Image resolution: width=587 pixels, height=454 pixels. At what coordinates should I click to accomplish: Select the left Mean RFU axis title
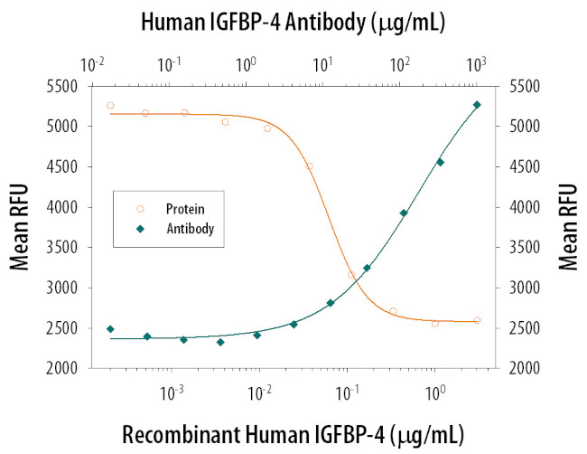19,227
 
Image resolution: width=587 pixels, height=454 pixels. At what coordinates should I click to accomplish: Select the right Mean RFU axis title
568,227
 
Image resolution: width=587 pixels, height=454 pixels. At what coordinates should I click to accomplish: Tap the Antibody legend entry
189,229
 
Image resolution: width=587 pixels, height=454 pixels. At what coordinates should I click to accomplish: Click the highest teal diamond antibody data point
477,105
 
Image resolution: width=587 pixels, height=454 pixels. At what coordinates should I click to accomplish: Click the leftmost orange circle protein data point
110,106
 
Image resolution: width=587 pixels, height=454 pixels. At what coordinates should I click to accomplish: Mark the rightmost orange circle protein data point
477,320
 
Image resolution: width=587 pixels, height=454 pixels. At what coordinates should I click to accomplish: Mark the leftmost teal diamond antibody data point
110,329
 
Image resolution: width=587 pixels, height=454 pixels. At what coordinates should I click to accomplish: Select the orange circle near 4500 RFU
309,166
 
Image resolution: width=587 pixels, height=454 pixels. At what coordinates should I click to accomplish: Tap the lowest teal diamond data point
220,342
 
